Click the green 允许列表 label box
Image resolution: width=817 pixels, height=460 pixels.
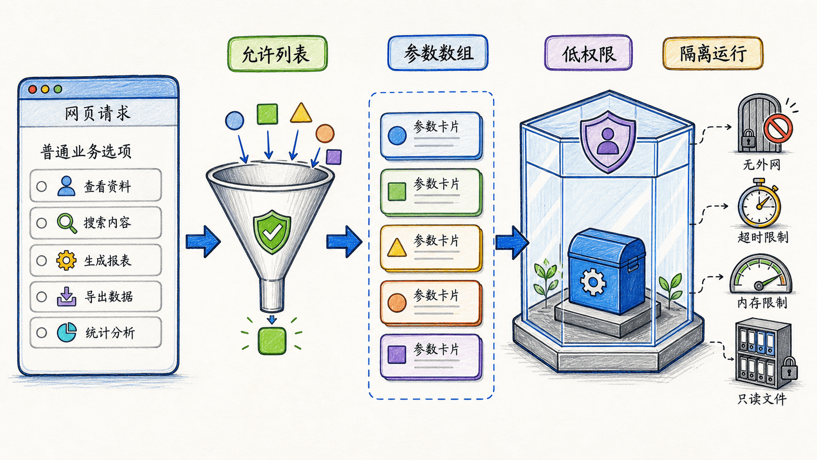277,53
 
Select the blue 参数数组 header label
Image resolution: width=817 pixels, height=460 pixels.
438,52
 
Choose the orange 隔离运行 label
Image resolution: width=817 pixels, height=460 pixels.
713,53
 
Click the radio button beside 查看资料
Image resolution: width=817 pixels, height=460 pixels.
42,186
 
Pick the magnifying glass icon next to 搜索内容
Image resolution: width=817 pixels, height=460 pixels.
67,223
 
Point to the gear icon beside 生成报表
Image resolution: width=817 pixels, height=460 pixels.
66,260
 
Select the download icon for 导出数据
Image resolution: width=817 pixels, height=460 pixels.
66,296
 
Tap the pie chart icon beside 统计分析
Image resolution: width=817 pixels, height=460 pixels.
67,332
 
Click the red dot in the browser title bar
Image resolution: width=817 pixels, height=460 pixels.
32,89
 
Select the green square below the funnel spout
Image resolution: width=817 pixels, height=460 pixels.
272,341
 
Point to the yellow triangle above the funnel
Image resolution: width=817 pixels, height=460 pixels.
301,113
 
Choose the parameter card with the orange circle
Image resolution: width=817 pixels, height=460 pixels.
431,303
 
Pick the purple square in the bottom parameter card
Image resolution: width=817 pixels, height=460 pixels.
397,354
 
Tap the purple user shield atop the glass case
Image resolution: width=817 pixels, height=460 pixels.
608,141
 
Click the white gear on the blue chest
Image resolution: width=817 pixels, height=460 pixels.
593,282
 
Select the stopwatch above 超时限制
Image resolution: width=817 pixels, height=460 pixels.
759,203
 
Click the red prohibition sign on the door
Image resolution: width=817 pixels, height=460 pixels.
778,128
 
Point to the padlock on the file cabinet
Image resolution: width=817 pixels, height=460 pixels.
789,369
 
